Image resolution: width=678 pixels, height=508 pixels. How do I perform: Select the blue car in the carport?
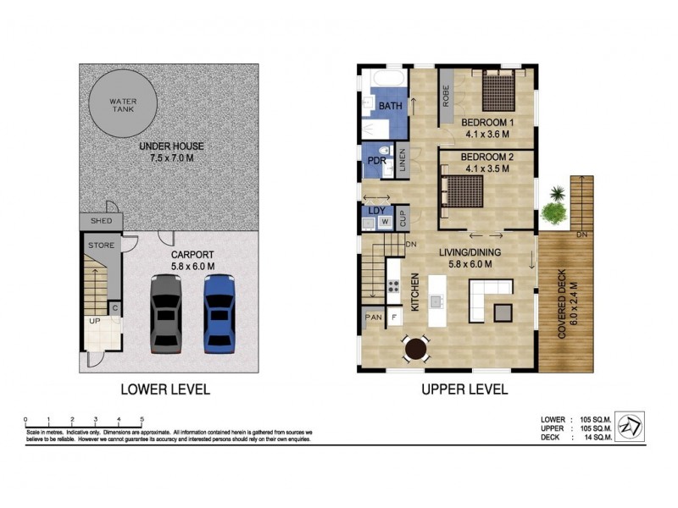218,313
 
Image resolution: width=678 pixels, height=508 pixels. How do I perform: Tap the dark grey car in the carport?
166,313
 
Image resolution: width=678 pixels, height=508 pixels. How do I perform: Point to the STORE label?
101,246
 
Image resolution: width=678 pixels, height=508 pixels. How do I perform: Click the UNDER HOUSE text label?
172,146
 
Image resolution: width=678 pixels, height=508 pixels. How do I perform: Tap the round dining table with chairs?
415,348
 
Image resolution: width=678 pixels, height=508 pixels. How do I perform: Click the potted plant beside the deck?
554,207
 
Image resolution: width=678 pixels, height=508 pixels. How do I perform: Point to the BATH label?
391,107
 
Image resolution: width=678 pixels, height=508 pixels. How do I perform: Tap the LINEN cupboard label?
403,162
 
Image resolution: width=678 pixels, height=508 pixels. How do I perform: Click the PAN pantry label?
373,318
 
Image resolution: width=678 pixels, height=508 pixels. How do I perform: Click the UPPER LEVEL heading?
464,390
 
